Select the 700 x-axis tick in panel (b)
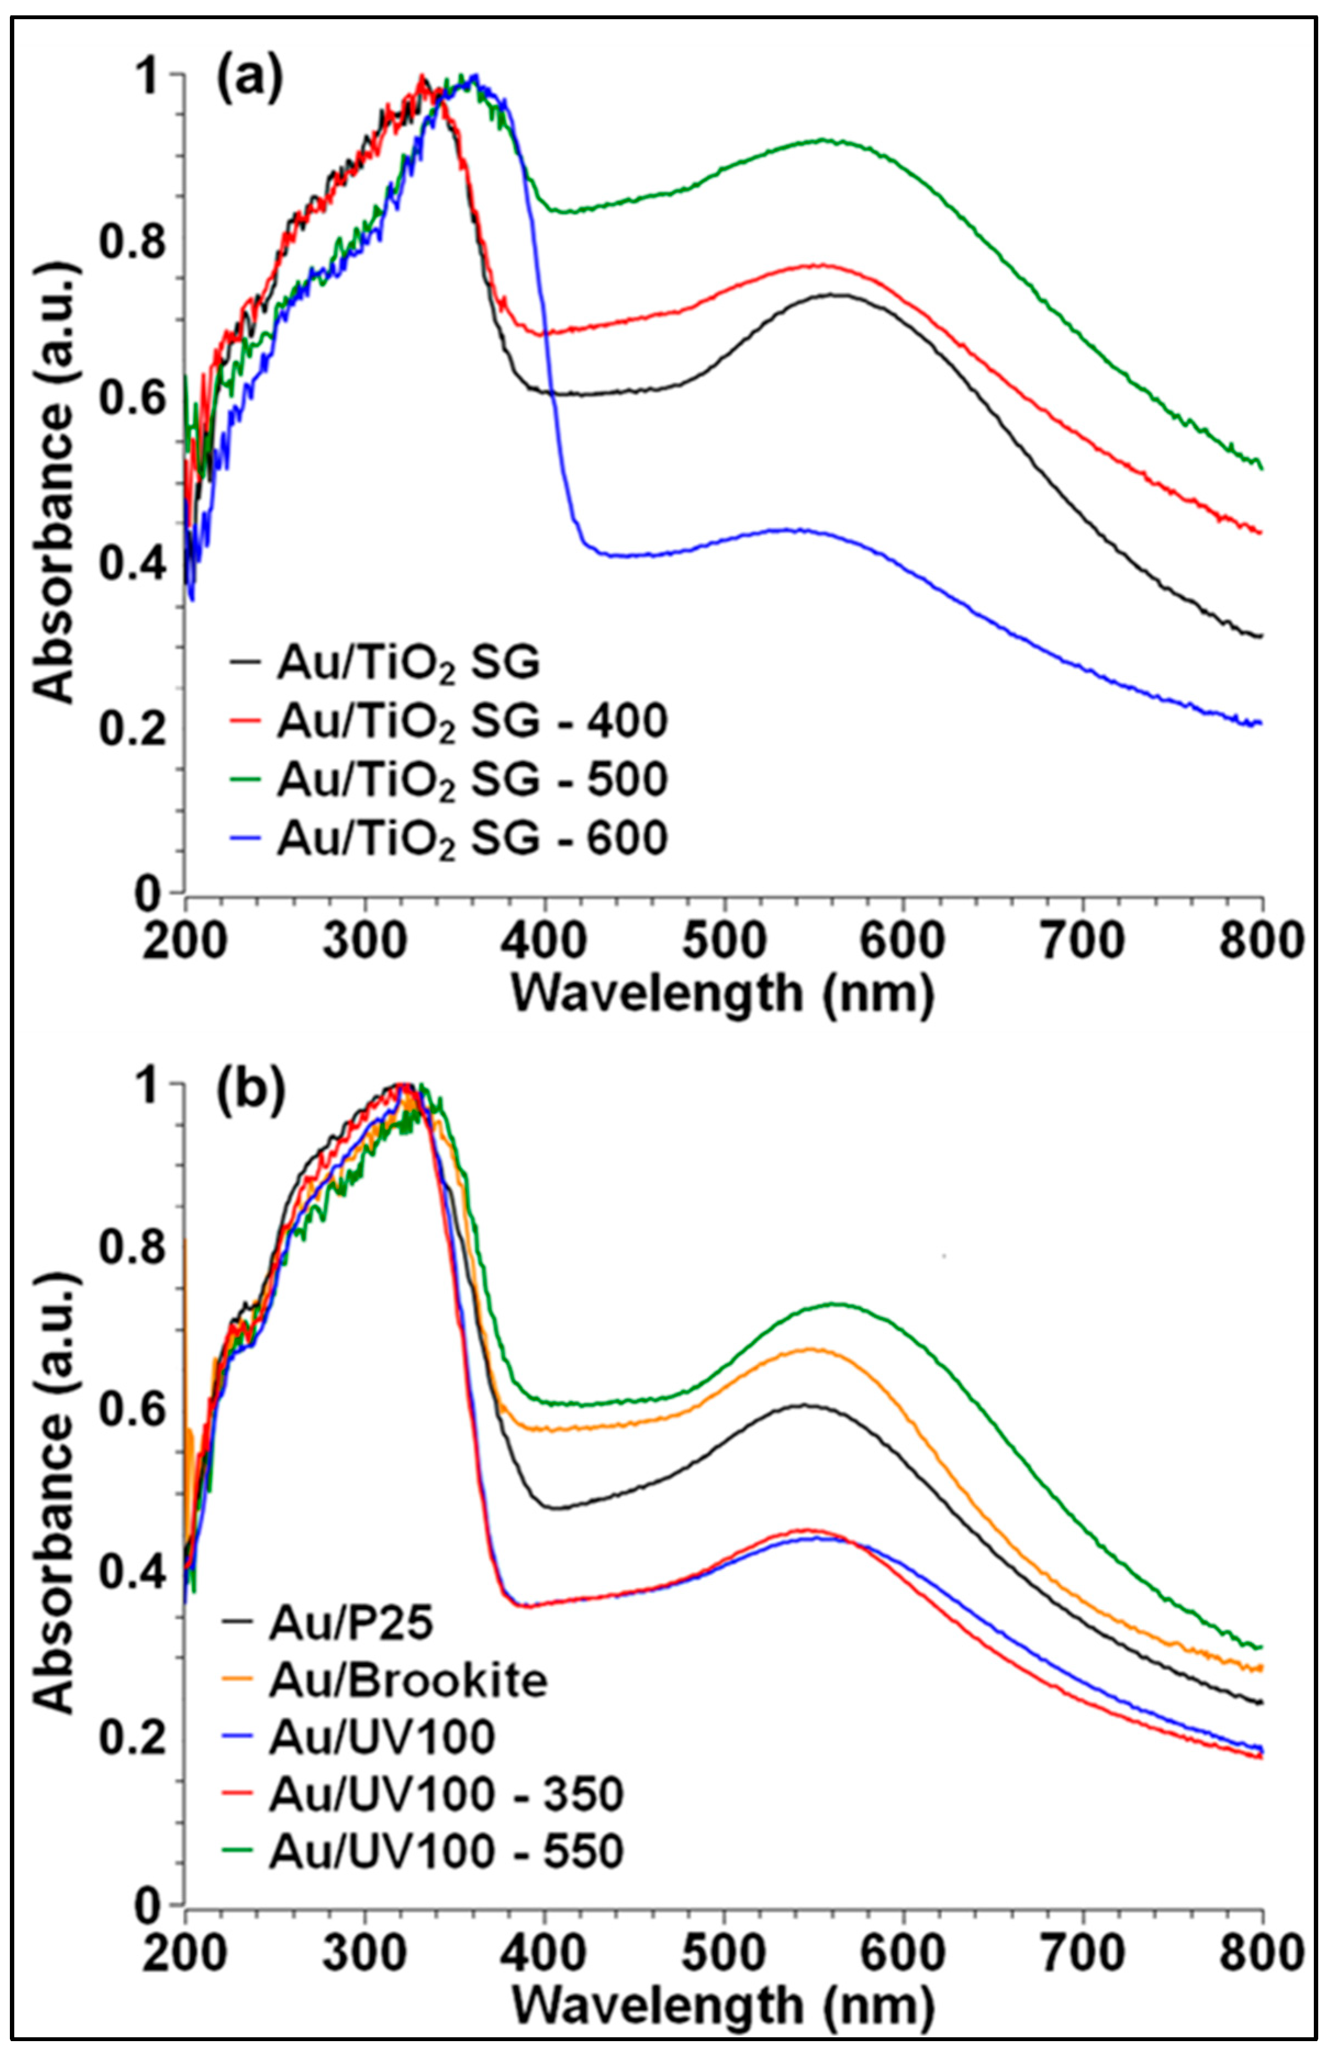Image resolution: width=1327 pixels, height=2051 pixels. [1082, 1950]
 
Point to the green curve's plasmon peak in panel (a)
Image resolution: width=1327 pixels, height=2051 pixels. [823, 139]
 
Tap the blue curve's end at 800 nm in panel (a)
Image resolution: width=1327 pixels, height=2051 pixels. [1261, 723]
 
